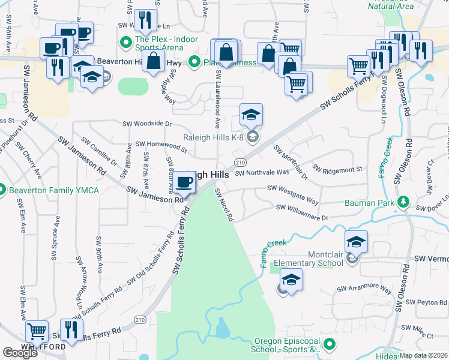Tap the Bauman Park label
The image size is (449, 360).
click(369, 203)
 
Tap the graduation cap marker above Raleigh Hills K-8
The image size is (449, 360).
click(252, 114)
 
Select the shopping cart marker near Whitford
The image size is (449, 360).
click(37, 331)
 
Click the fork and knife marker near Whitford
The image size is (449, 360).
click(71, 329)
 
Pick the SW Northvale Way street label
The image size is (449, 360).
click(262, 173)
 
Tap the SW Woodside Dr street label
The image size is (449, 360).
click(147, 124)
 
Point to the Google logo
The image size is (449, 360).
click(19, 353)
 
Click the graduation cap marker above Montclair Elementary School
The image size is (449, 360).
click(356, 241)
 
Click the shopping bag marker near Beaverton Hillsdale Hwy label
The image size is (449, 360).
click(154, 61)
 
